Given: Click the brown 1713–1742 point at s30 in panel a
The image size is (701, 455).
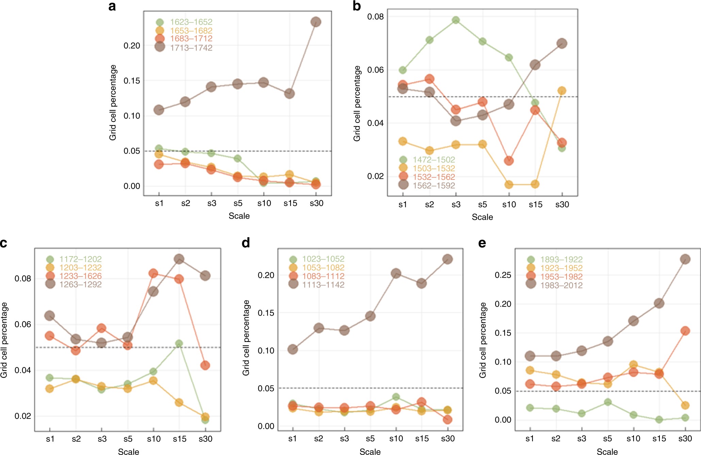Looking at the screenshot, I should click(x=316, y=22).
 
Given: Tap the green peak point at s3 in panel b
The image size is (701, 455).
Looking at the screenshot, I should click(x=456, y=20).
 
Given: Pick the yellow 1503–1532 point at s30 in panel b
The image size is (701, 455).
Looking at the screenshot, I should click(x=562, y=91).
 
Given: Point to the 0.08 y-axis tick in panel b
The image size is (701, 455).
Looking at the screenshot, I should click(x=375, y=17).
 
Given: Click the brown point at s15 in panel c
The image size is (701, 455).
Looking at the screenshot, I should click(x=179, y=259).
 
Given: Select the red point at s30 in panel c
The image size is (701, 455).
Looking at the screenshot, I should click(x=205, y=365).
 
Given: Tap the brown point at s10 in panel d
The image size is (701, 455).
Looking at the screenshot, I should click(x=396, y=273).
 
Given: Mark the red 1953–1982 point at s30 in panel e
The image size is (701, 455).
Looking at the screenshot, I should click(x=685, y=331).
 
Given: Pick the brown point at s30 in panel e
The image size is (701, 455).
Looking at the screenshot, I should click(x=685, y=259).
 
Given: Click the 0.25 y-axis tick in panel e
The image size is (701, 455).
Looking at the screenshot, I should click(x=503, y=275).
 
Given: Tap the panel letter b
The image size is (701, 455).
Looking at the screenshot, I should click(x=357, y=6).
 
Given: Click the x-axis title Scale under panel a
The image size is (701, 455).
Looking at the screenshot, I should click(x=239, y=216).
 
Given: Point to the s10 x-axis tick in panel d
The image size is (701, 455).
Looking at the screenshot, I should click(x=396, y=439).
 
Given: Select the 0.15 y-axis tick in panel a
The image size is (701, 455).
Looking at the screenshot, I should click(x=132, y=81).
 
